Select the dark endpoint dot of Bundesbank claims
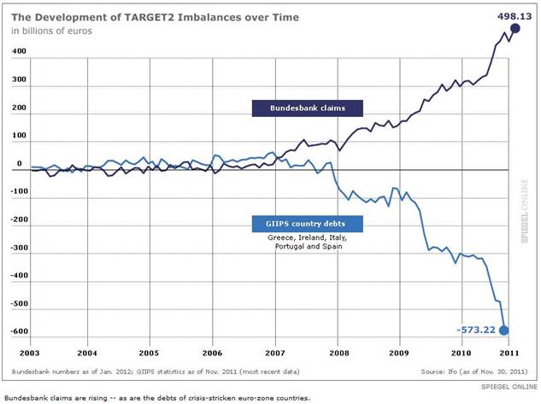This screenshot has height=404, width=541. pyautogui.click(x=515, y=28)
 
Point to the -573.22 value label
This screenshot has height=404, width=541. pyautogui.click(x=475, y=331)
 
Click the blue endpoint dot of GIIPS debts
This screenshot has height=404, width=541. pyautogui.click(x=503, y=331)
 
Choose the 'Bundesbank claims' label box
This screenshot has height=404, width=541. pyautogui.click(x=308, y=108)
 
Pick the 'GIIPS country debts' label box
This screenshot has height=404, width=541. pyautogui.click(x=308, y=225)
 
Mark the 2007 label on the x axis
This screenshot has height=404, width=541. pyautogui.click(x=274, y=352)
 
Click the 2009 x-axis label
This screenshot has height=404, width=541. pyautogui.click(x=398, y=352)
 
